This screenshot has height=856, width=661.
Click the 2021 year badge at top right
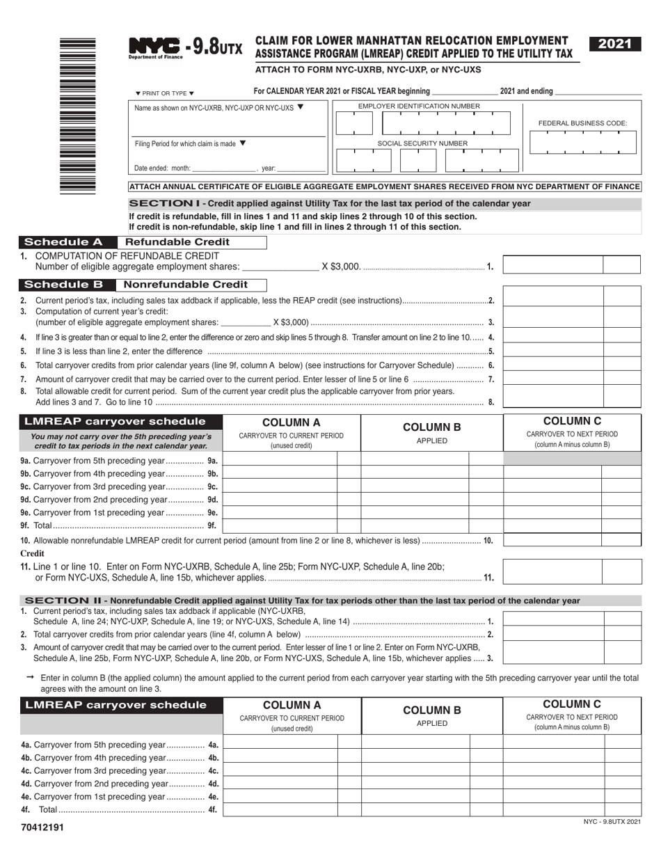pos(614,45)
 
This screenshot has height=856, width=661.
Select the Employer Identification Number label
pos(418,106)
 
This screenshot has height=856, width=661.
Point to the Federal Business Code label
pos(582,123)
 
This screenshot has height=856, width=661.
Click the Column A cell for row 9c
pos(280,486)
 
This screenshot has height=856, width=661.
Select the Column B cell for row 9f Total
pos(415,525)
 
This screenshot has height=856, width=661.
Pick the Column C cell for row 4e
pos(553,796)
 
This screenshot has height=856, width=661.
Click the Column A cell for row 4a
pos(280,744)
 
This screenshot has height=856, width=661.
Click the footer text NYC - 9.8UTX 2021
pos(612,823)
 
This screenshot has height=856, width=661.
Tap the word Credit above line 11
pos(32,553)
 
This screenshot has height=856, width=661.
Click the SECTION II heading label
pos(63,601)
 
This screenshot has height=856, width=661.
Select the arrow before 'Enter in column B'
pos(29,676)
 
